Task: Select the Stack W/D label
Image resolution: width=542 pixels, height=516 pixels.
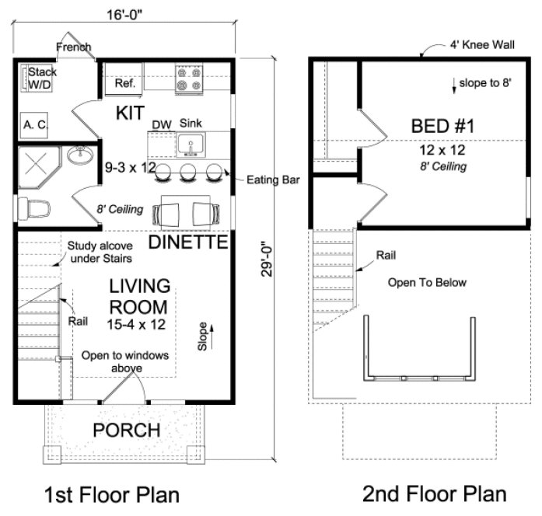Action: point(43,78)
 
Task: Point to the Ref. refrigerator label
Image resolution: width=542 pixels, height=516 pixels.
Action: point(125,82)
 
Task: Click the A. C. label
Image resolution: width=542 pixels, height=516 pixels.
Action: point(34,124)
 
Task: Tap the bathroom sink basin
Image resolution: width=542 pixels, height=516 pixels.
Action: point(79,156)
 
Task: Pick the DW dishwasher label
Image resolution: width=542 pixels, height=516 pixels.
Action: point(162,124)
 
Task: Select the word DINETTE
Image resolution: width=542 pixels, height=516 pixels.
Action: point(188,242)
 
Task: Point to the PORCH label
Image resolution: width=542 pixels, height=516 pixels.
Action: point(127,430)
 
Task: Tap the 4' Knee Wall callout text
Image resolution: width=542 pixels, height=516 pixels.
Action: point(481,45)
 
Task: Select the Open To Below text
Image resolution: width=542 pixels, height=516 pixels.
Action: point(427,282)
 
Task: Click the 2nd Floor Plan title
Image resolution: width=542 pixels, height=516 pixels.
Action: point(434,493)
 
